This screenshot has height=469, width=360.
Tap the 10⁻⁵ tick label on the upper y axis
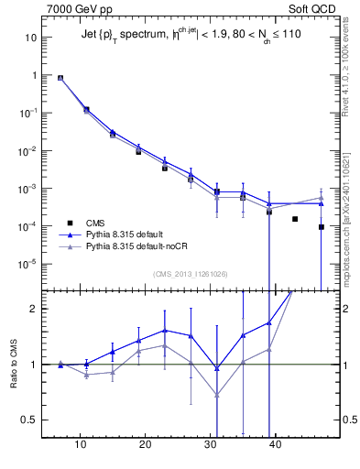click(x=27, y=264)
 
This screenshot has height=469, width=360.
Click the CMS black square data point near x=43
click(x=295, y=219)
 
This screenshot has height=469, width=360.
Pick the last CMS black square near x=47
click(x=322, y=227)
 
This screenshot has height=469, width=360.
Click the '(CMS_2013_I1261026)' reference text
click(x=191, y=274)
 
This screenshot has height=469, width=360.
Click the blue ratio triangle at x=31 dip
click(x=217, y=368)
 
